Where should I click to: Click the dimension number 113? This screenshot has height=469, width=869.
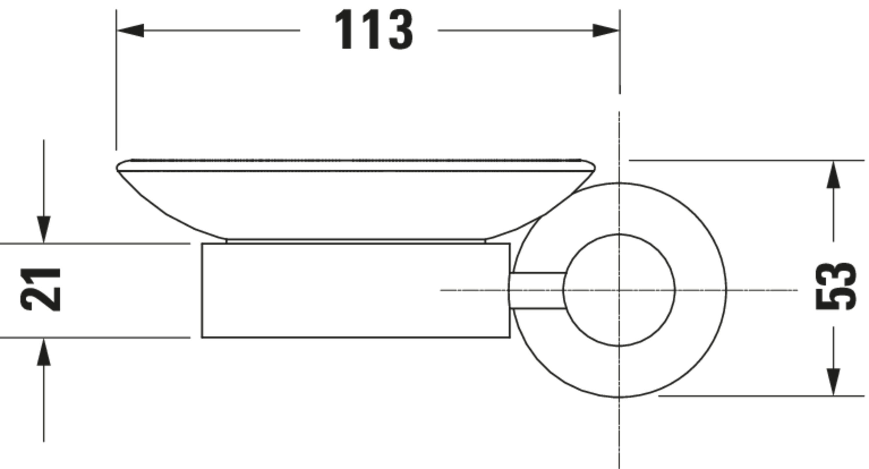(x=374, y=30)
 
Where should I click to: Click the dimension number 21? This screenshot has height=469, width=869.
(x=41, y=289)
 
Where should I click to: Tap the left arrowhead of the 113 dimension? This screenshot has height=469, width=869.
(x=131, y=30)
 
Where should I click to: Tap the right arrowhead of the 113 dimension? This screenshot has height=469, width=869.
(x=605, y=30)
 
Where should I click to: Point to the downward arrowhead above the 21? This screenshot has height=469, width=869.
(x=43, y=229)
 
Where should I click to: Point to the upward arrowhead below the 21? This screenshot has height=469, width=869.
(x=43, y=352)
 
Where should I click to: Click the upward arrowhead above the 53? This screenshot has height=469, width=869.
(x=833, y=174)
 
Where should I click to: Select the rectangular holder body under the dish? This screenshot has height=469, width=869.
(x=356, y=290)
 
